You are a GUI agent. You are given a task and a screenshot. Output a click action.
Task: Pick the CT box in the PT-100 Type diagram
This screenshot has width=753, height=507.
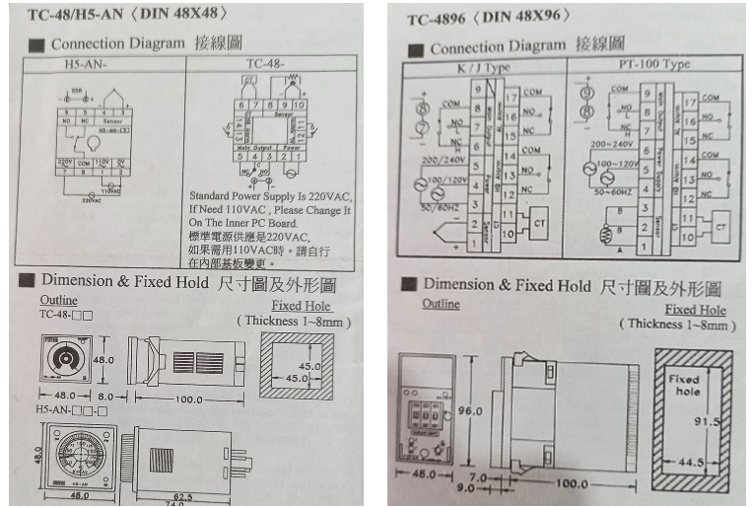(719, 226)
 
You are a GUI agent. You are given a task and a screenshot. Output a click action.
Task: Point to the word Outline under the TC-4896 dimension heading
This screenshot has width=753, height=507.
(442, 304)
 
